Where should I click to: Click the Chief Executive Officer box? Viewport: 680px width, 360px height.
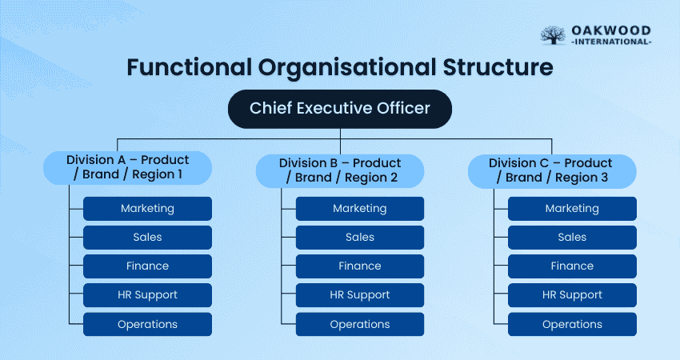(x=339, y=109)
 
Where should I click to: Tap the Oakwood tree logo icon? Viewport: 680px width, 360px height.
(x=553, y=35)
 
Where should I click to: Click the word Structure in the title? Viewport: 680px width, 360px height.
(x=498, y=67)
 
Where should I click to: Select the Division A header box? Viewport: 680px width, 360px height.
(x=127, y=168)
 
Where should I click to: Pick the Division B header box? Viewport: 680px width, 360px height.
(x=339, y=171)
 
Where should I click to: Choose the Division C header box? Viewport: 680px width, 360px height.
(x=552, y=171)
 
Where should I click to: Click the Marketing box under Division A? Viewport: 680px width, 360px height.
(x=147, y=209)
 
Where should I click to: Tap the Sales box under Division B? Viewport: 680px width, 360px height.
(x=360, y=238)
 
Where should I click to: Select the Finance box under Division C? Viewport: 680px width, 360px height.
(x=573, y=266)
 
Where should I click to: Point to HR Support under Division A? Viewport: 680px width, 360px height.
(x=147, y=295)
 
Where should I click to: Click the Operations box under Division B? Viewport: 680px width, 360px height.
(x=360, y=325)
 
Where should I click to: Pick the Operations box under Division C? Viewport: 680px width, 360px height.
(x=573, y=325)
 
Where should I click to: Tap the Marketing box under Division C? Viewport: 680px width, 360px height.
(x=573, y=209)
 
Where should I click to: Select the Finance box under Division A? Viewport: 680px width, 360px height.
(x=147, y=266)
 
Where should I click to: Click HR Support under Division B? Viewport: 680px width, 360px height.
(x=360, y=295)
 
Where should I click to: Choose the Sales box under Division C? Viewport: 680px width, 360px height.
(x=573, y=238)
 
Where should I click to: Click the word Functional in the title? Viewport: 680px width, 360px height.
(x=189, y=67)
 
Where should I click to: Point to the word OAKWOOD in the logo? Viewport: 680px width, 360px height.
(x=611, y=30)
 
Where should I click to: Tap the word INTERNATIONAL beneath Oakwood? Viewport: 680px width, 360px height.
(x=611, y=42)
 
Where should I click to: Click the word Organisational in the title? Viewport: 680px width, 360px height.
(x=347, y=68)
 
